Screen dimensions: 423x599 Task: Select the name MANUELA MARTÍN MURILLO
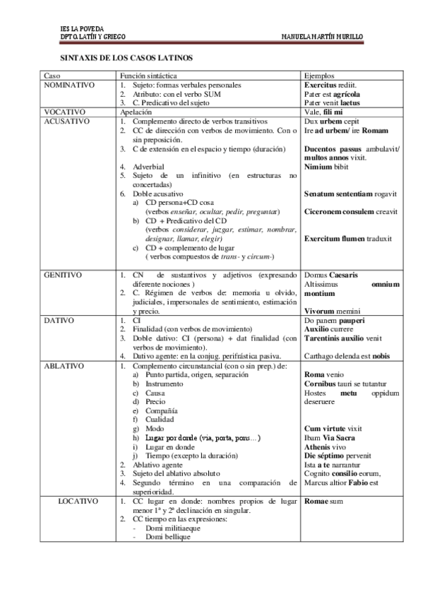pyautogui.click(x=321, y=36)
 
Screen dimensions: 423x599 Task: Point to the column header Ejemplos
pyautogui.click(x=318, y=75)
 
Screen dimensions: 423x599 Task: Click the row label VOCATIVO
pyautogui.click(x=64, y=112)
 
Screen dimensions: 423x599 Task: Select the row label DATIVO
pyautogui.click(x=59, y=320)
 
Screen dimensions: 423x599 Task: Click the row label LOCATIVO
pyautogui.click(x=78, y=501)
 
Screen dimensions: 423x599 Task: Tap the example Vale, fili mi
pyautogui.click(x=323, y=112)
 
